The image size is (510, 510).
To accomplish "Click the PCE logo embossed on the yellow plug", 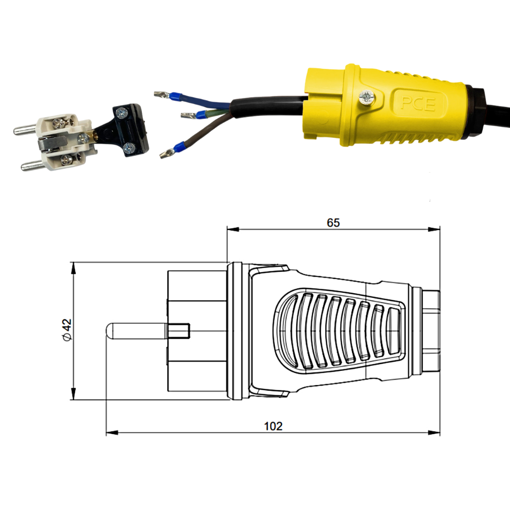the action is tap(418, 104).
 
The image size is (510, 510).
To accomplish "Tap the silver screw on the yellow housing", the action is tap(367, 97).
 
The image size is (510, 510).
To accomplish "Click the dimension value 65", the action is tap(333, 222).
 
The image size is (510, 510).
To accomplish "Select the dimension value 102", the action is tap(273, 426).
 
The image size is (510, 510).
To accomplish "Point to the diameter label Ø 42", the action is tap(67, 329).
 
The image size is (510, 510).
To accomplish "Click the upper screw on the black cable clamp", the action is tap(122, 113).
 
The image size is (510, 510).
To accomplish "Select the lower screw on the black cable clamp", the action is tap(129, 148).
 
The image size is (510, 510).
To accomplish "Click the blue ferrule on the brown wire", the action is tap(178, 148).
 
